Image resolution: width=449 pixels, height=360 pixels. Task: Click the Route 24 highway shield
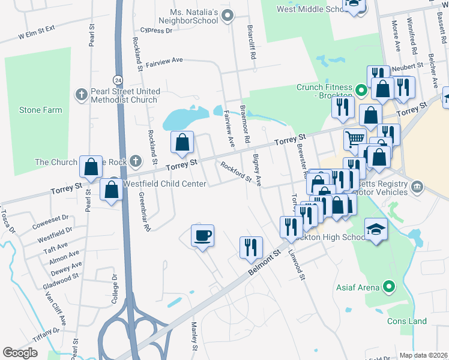[116, 79]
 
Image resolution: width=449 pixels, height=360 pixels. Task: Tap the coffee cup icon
[202, 235]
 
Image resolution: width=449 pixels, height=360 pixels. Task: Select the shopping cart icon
[355, 139]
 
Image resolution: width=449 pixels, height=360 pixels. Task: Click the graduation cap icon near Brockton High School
[376, 229]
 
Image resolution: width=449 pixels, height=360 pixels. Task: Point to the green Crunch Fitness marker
[361, 91]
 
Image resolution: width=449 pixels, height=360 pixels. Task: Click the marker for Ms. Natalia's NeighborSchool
[227, 16]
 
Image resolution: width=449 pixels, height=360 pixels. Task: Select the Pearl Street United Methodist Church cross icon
[81, 95]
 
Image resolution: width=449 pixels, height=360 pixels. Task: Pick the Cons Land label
[406, 321]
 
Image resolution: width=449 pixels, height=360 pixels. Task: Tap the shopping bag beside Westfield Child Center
[112, 190]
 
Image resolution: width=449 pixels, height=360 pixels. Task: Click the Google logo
[20, 352]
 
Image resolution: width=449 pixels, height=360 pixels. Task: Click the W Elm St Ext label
[36, 31]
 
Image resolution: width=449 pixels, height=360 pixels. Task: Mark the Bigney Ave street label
[257, 170]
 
